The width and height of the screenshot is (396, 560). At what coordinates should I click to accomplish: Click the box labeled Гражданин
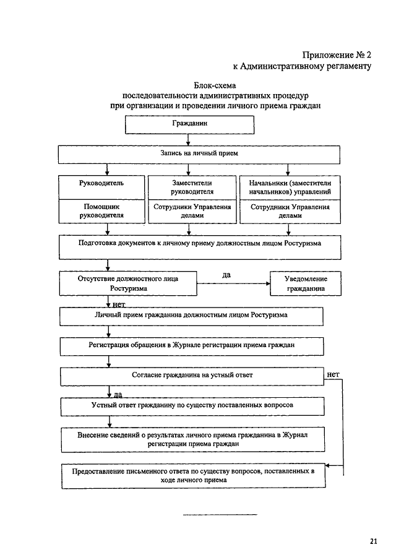(x=189, y=124)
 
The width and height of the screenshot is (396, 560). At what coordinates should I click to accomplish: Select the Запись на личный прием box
(x=199, y=154)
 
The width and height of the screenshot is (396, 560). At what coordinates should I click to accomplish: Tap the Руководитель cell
(x=101, y=187)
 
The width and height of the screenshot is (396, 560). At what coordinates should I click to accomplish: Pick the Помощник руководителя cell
(x=101, y=212)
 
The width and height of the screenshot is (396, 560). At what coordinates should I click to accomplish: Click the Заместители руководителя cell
(x=192, y=187)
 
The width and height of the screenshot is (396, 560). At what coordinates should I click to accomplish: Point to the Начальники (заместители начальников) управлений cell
(x=290, y=187)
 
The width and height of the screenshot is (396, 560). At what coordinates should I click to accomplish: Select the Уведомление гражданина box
(x=306, y=283)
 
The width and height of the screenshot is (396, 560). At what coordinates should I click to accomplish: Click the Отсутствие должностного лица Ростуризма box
(x=128, y=283)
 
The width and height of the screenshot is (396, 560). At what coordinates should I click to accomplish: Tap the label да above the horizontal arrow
(x=226, y=275)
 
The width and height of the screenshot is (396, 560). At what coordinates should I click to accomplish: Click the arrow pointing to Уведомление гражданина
(x=233, y=283)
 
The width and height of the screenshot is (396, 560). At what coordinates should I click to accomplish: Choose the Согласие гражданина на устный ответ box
(x=192, y=376)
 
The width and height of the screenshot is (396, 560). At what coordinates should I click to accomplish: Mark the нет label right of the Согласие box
(x=333, y=374)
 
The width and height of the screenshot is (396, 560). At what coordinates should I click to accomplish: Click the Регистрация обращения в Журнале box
(x=192, y=347)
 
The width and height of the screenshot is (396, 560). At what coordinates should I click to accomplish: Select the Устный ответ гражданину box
(x=192, y=407)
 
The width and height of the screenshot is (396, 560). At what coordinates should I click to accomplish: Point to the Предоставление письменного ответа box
(x=194, y=476)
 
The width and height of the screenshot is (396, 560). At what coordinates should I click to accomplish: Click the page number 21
(x=374, y=541)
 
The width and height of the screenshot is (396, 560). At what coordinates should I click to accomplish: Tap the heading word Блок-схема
(x=215, y=86)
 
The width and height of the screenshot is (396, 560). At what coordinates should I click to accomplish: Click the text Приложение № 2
(x=337, y=54)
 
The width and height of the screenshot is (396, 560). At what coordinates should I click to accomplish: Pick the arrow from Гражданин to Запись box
(x=188, y=140)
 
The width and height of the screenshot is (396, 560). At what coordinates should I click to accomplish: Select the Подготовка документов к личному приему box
(x=200, y=247)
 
